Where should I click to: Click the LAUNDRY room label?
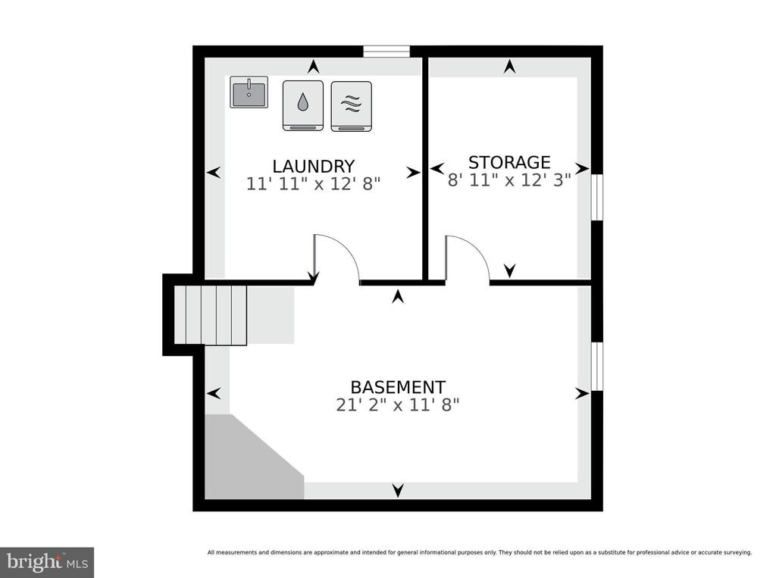click(x=313, y=166)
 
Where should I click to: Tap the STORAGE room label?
click(x=509, y=162)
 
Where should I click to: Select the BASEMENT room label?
click(x=398, y=387)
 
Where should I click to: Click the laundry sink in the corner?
click(x=249, y=92)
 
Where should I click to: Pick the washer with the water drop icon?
click(x=303, y=106)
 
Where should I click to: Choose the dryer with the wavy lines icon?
click(x=352, y=106)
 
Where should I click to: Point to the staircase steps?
click(x=211, y=314)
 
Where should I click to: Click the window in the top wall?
click(x=386, y=51)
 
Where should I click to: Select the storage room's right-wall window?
click(x=597, y=196)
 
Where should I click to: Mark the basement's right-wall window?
click(x=597, y=366)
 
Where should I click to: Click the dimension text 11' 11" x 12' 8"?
click(x=313, y=184)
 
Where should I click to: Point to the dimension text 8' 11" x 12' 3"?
click(x=509, y=180)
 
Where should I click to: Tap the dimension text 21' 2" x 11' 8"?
click(x=398, y=405)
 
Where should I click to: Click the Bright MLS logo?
click(x=47, y=563)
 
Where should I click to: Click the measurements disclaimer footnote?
click(x=480, y=552)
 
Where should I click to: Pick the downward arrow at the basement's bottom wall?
click(x=398, y=490)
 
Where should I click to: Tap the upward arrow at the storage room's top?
click(x=510, y=67)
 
